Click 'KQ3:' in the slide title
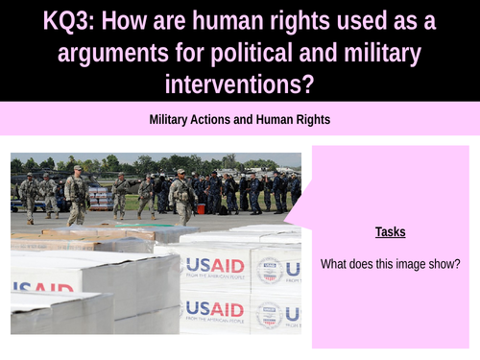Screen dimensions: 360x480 click(x=75, y=20)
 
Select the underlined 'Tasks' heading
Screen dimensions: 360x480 click(x=390, y=231)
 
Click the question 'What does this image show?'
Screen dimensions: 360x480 click(x=390, y=264)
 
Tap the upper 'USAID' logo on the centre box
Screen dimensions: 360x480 click(x=214, y=265)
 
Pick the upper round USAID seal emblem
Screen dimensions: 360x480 click(x=269, y=270)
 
